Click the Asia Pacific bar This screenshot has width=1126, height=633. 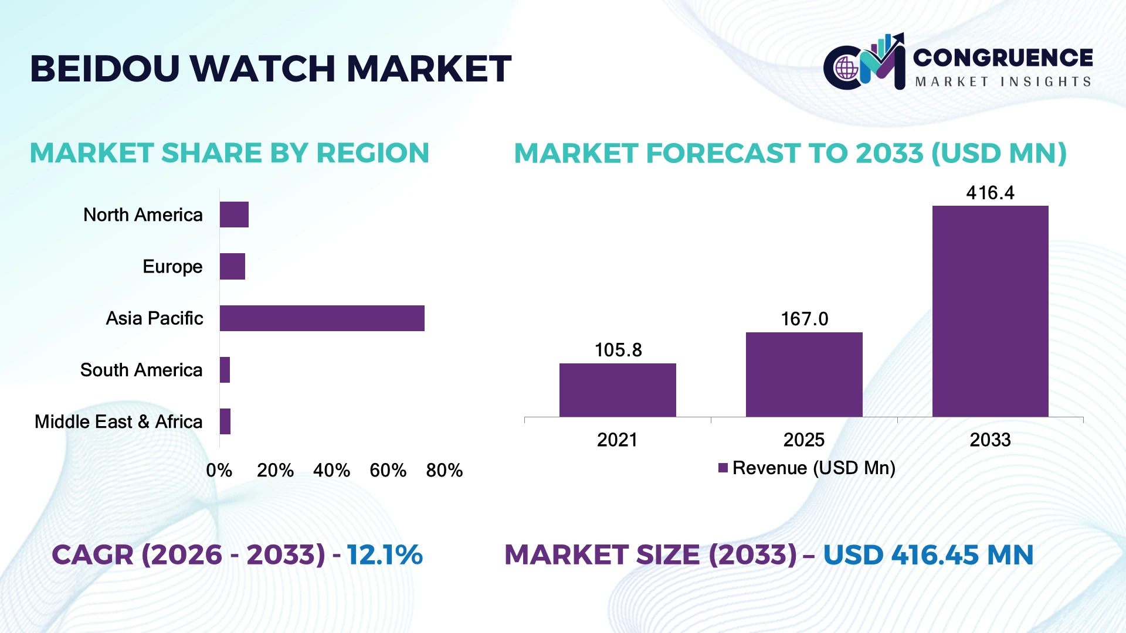322,318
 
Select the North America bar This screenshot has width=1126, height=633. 234,215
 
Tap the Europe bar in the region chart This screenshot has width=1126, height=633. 232,267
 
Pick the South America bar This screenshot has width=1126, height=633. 225,370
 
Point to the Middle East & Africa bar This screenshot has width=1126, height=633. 225,421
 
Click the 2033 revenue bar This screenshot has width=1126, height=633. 991,311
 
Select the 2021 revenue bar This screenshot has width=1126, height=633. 618,390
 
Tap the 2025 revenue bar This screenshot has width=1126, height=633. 804,375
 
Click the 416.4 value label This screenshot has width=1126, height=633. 990,193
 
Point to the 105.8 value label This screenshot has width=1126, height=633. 618,350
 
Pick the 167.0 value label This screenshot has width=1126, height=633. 805,319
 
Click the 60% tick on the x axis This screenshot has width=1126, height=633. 388,470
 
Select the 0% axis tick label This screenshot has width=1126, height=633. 219,470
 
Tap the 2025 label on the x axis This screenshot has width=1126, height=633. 804,440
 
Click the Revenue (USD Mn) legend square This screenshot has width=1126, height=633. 723,468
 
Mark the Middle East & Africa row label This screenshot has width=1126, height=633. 118,421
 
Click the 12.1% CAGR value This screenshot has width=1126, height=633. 385,554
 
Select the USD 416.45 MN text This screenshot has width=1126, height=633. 928,554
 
